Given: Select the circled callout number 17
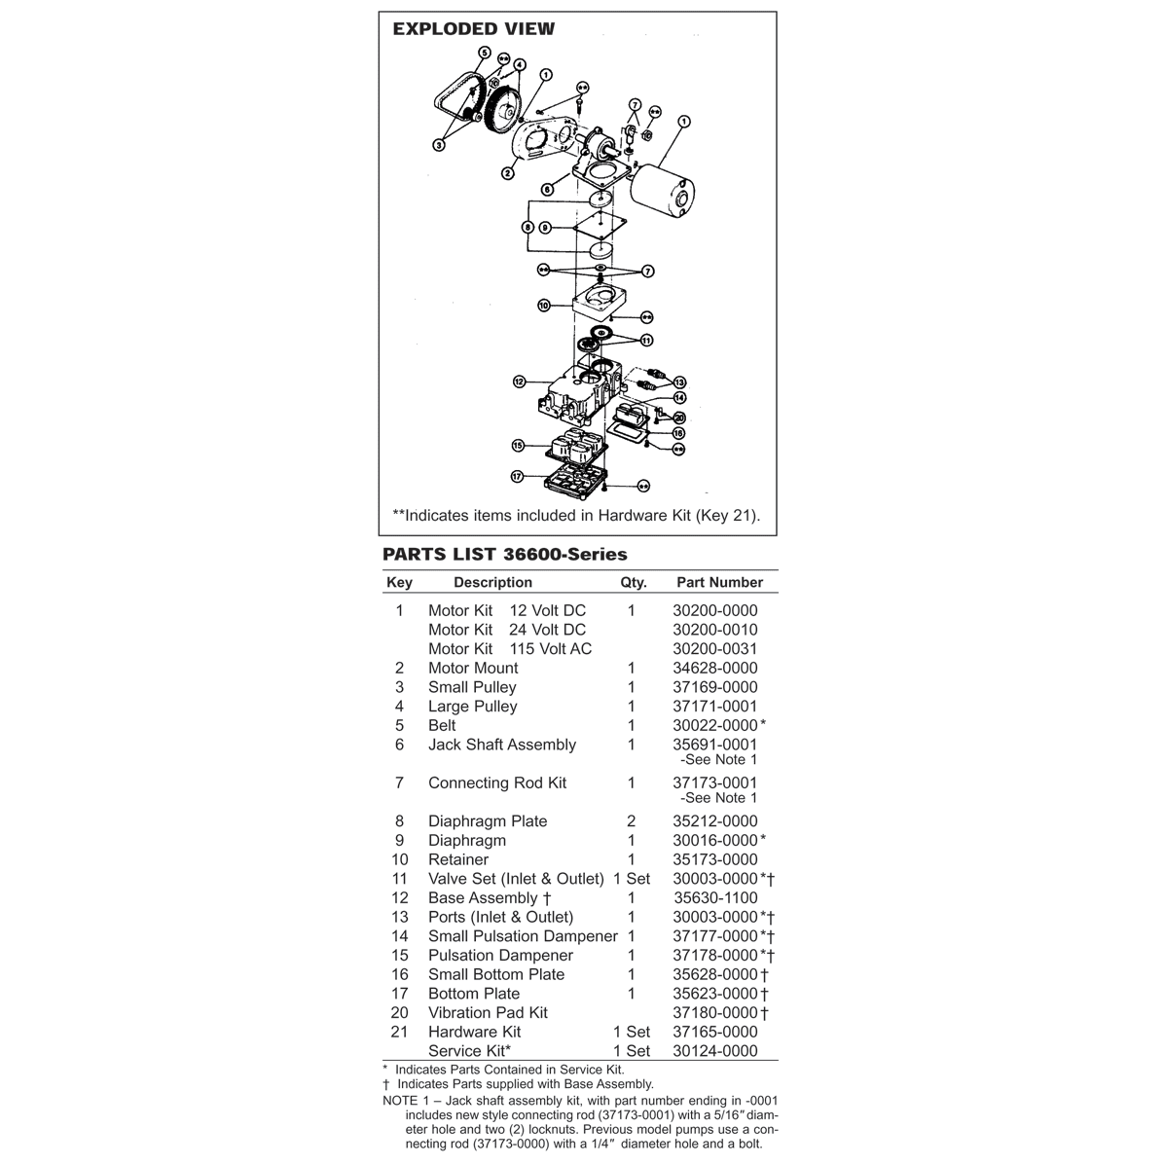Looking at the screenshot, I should (517, 477).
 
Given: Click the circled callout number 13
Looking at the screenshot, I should (679, 382).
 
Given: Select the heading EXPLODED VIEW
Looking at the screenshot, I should (473, 29).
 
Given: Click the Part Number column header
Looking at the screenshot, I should (719, 582).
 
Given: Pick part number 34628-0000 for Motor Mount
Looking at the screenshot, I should (714, 668).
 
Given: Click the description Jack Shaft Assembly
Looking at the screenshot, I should (501, 745).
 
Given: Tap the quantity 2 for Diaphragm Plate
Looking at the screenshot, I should (631, 820).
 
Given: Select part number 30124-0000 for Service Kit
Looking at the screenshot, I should (714, 1050).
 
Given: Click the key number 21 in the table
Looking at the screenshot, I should (399, 1032).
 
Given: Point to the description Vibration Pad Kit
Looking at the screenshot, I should (487, 1012).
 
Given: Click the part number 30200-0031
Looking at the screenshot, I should (714, 649).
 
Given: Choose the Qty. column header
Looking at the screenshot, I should (633, 582).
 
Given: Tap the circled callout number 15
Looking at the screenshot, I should (518, 445).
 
